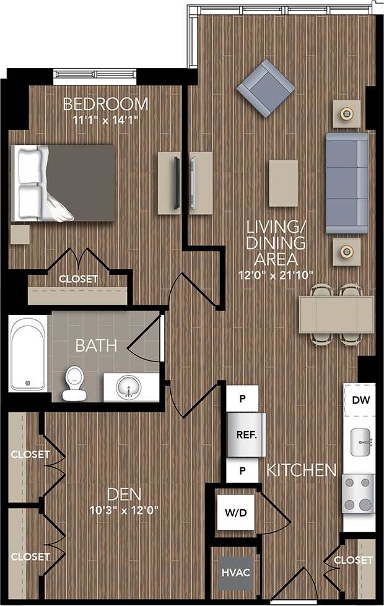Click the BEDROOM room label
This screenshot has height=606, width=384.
tap(105, 103)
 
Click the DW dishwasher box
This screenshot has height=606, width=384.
tap(360, 399)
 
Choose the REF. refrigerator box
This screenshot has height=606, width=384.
tap(246, 435)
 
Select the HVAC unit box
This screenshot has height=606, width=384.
tap(235, 572)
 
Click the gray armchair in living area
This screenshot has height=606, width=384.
tap(266, 89)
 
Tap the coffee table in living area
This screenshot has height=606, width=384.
tap(283, 183)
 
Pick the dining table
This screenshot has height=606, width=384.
tap(336, 314)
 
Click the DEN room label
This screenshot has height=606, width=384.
tap(123, 494)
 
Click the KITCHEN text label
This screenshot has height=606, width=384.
tap(302, 470)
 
